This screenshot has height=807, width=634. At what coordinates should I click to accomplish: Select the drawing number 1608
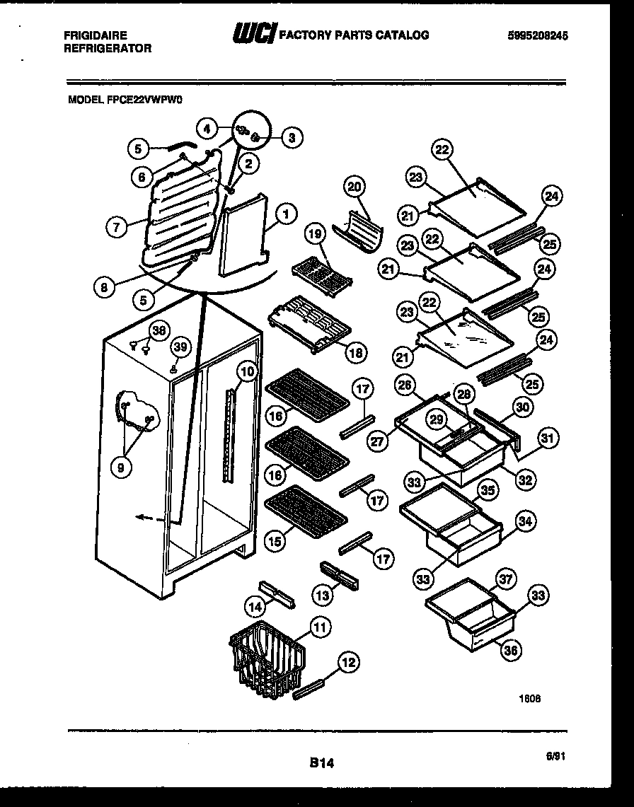point(531,697)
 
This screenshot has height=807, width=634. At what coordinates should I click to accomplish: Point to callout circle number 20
point(355,187)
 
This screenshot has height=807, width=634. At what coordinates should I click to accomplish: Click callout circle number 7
point(117,227)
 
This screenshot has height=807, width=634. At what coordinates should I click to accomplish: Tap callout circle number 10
point(246,371)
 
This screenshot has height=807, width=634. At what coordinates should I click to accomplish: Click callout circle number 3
point(290,139)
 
